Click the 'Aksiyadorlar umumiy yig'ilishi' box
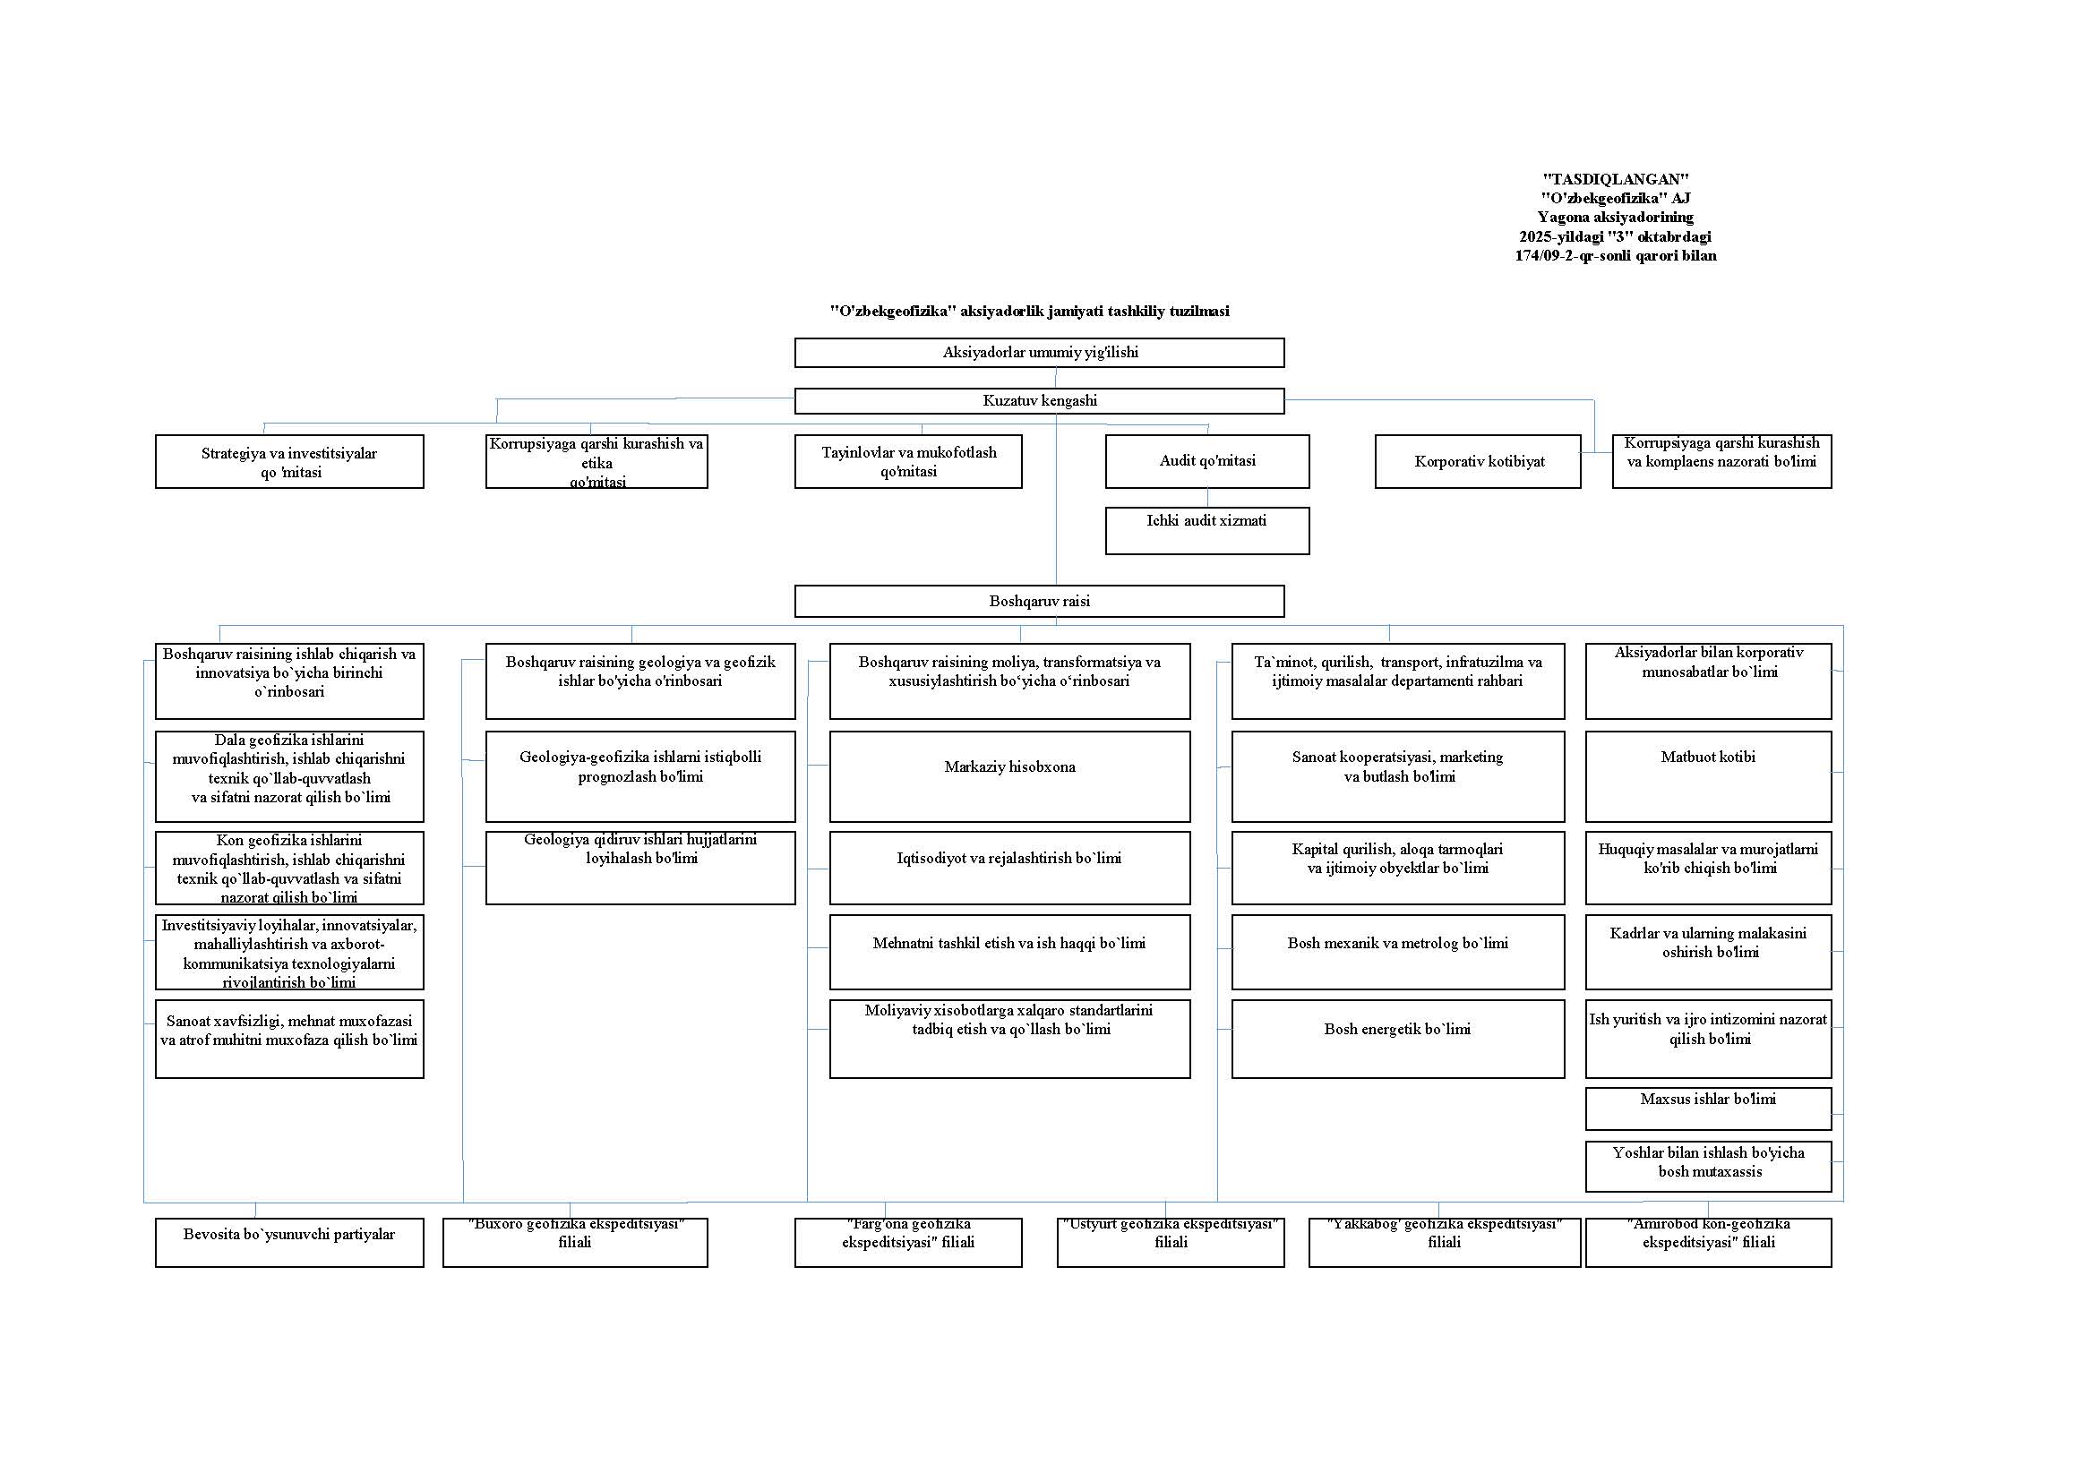[x=1039, y=353]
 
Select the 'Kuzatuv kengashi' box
[x=1039, y=401]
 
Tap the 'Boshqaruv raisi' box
[x=1039, y=601]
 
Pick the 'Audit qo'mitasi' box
[x=1206, y=461]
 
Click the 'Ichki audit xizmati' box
[x=1206, y=530]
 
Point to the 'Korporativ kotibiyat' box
[x=1478, y=461]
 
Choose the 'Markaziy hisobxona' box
[x=1009, y=776]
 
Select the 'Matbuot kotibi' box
[x=1707, y=776]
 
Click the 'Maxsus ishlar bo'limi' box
[x=1707, y=1108]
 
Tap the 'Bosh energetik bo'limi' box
[x=1397, y=1039]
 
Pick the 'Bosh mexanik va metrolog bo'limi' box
[x=1397, y=952]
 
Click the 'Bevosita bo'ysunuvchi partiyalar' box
[x=289, y=1242]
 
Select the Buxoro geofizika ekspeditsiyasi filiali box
[x=575, y=1242]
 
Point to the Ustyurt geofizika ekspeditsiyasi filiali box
[x=1170, y=1242]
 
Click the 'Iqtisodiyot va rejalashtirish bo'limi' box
[x=1009, y=868]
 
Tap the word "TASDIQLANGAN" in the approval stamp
[x=1615, y=180]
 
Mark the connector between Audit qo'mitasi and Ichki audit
[x=1207, y=498]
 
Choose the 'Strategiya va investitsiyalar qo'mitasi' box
[x=289, y=461]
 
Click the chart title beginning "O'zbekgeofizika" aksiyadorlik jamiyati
[x=1029, y=311]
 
